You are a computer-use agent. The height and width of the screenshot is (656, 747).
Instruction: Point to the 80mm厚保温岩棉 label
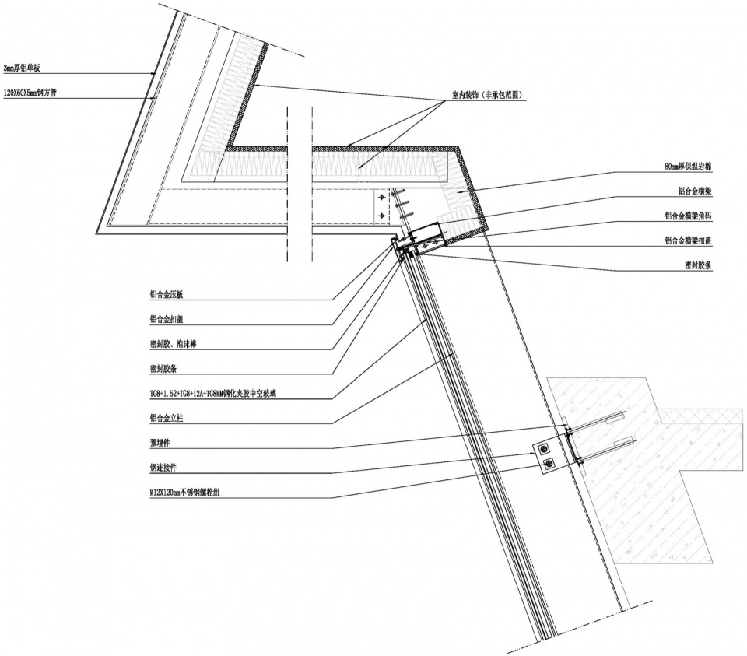[x=689, y=167]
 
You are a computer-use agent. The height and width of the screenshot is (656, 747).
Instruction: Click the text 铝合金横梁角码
[x=689, y=216]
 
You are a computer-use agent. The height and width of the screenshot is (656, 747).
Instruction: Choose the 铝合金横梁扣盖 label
[x=689, y=240]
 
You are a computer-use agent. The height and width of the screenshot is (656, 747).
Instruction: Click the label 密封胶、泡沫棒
[x=178, y=344]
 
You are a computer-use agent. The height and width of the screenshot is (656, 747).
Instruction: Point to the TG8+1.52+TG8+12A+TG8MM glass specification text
[x=213, y=394]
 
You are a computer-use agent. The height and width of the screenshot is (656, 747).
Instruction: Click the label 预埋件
[x=161, y=444]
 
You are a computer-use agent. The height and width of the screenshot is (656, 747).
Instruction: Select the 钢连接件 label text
[x=163, y=468]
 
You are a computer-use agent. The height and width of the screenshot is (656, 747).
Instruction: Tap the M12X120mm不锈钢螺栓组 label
[x=184, y=493]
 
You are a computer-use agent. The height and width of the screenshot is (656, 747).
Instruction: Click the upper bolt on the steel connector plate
[x=545, y=447]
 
